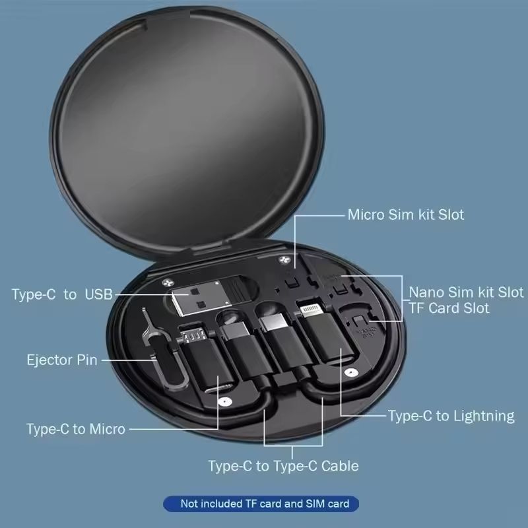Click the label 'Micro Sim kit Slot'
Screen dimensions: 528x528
tap(405, 214)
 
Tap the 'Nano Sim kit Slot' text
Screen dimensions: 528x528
tap(466, 292)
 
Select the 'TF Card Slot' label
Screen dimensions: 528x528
tap(449, 308)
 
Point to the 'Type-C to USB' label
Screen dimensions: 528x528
tap(62, 294)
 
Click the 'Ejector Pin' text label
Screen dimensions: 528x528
tap(61, 360)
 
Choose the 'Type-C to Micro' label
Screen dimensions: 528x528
tap(75, 429)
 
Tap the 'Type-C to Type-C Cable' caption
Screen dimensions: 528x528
tap(283, 466)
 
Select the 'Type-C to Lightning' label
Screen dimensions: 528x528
tap(451, 416)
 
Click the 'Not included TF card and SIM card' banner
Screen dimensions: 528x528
tap(261, 504)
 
